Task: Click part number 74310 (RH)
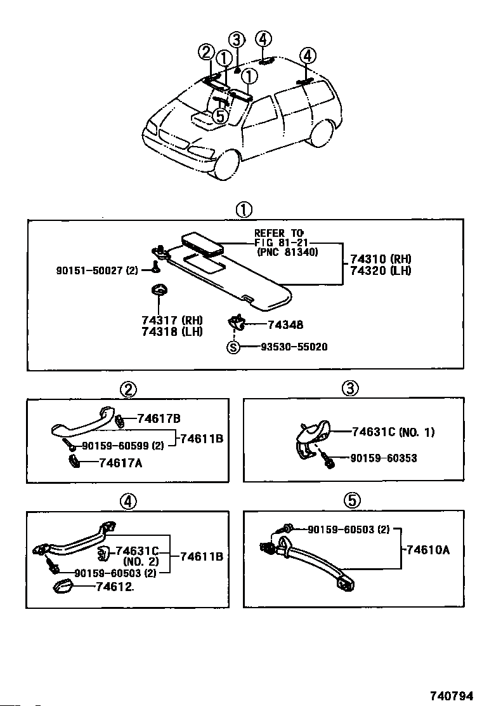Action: (381, 259)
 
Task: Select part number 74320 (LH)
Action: (381, 270)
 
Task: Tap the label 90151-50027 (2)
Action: (97, 271)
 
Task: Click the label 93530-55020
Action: (294, 347)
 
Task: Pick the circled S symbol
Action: (233, 347)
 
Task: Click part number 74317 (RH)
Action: (173, 320)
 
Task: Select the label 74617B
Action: (159, 419)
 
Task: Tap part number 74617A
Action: (120, 463)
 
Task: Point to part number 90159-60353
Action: (384, 458)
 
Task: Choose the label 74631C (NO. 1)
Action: (393, 432)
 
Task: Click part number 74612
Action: (115, 587)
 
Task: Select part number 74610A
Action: (428, 550)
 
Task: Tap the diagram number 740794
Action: (451, 696)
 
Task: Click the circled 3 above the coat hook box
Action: (350, 388)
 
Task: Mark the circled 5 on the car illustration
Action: (219, 116)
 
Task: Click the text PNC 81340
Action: (287, 252)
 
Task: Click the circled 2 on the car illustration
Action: (206, 53)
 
